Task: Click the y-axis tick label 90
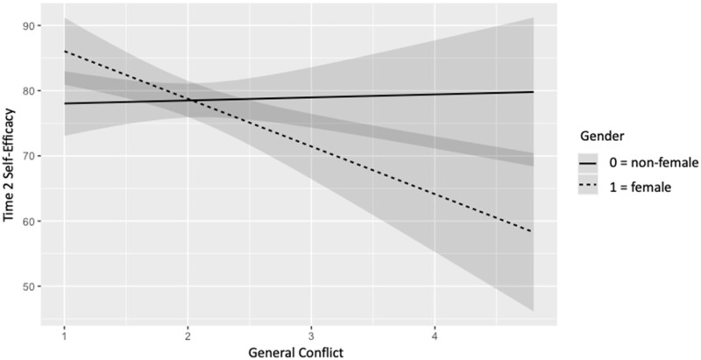30,25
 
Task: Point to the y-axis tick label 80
30,91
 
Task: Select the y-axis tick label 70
30,156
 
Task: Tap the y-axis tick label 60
30,222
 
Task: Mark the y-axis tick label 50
30,286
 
